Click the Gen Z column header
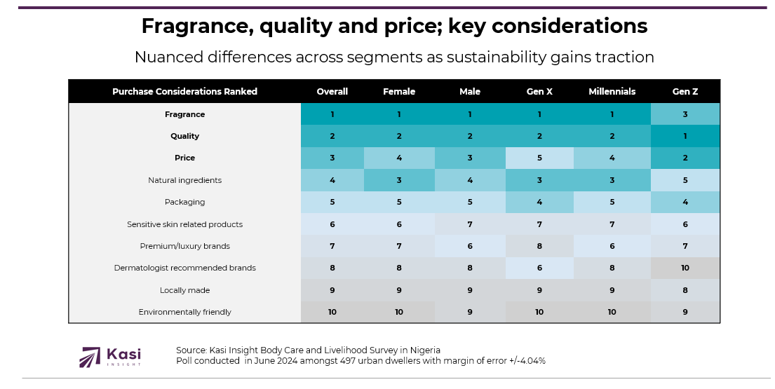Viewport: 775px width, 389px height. (x=685, y=92)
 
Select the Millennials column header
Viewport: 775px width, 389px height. (x=612, y=92)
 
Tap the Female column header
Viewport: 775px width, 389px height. (x=399, y=92)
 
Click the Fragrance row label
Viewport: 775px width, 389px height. (x=184, y=114)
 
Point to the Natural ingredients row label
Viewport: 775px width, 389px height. (x=184, y=180)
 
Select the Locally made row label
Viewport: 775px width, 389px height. (x=184, y=290)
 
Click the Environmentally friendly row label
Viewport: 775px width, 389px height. (x=184, y=312)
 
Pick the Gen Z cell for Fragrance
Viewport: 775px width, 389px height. (x=685, y=114)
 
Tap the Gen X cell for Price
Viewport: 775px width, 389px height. (x=539, y=158)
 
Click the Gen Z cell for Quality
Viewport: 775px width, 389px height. (x=685, y=136)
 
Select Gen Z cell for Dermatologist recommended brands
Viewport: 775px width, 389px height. (x=685, y=268)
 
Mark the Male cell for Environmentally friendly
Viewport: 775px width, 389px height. (x=469, y=312)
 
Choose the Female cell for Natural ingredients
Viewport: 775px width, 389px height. (x=399, y=180)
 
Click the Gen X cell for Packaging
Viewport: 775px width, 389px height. (x=539, y=202)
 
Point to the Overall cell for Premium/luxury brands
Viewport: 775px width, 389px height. (x=332, y=246)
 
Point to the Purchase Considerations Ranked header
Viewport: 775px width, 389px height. (x=184, y=92)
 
